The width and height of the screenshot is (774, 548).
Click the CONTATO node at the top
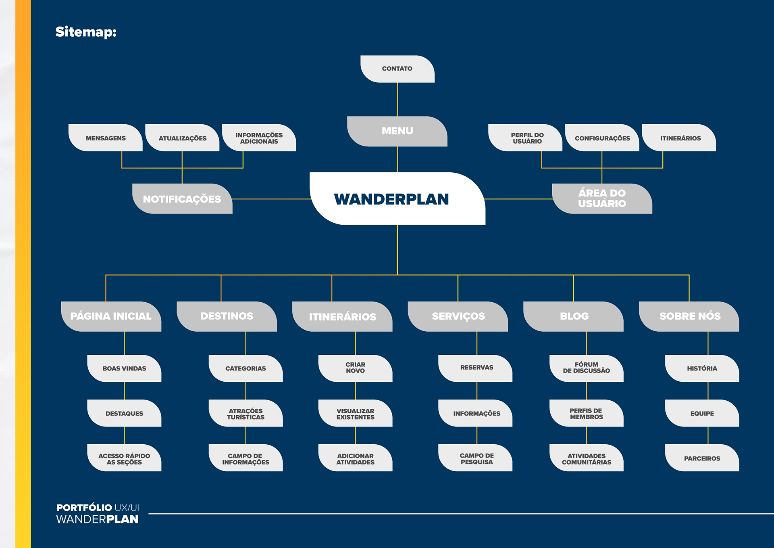(x=397, y=69)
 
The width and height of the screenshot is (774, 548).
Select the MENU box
(x=397, y=131)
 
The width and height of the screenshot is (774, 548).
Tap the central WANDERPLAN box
(x=397, y=199)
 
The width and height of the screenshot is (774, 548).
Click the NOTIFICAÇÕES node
(x=182, y=199)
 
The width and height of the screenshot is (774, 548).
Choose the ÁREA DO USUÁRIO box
(x=602, y=199)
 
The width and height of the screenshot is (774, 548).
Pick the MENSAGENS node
(x=106, y=138)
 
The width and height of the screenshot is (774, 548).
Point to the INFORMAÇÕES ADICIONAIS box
(x=259, y=138)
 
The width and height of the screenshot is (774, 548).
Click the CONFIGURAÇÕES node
(x=602, y=138)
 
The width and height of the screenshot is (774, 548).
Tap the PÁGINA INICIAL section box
(x=111, y=316)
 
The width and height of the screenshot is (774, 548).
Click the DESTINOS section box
(x=227, y=316)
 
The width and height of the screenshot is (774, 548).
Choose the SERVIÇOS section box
(x=458, y=316)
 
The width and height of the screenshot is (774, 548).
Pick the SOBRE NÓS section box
(x=689, y=316)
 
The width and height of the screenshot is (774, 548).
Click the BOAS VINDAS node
(x=124, y=368)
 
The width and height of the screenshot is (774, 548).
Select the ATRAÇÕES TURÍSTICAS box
(x=246, y=414)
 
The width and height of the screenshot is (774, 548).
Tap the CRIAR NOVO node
(x=355, y=368)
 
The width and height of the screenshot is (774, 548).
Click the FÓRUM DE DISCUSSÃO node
(x=587, y=368)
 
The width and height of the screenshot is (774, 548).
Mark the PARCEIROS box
(x=702, y=458)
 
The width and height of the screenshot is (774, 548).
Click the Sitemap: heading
(x=86, y=32)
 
